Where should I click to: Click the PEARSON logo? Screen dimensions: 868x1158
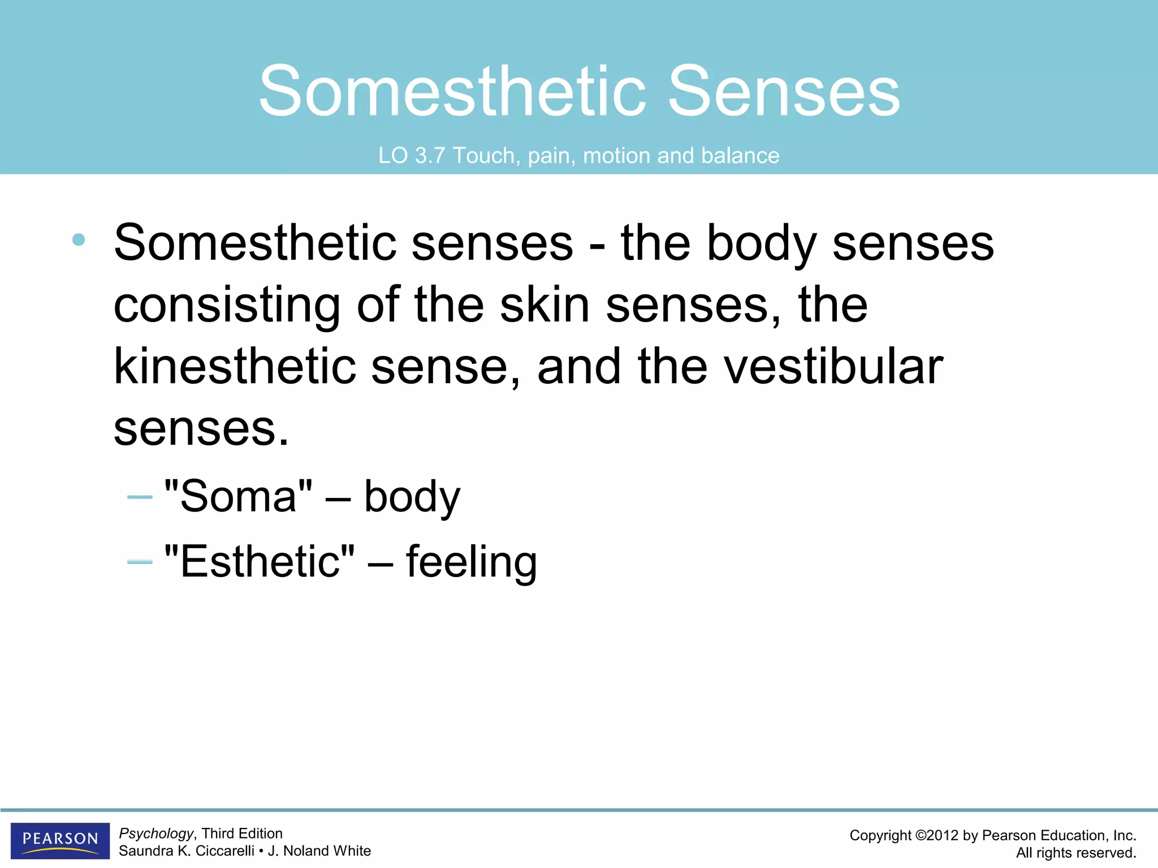(x=60, y=840)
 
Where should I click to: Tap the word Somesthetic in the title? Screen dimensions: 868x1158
(x=452, y=92)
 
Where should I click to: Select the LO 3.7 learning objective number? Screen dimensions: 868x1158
(x=412, y=155)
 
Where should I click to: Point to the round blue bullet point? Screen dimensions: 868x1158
(x=79, y=240)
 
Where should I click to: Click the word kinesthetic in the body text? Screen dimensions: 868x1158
(x=235, y=367)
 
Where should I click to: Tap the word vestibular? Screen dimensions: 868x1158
(x=833, y=367)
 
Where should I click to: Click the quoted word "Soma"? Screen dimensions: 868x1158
(x=238, y=496)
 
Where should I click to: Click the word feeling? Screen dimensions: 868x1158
(x=472, y=562)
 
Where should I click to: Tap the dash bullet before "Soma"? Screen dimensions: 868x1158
(x=140, y=497)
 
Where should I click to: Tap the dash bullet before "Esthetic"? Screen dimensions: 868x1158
(x=140, y=562)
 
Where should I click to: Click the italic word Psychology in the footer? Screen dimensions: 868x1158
(x=156, y=834)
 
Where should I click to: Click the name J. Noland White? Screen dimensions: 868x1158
(x=319, y=851)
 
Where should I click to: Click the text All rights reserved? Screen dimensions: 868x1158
(x=1075, y=853)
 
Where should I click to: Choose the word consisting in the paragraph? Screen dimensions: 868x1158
(x=227, y=305)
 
